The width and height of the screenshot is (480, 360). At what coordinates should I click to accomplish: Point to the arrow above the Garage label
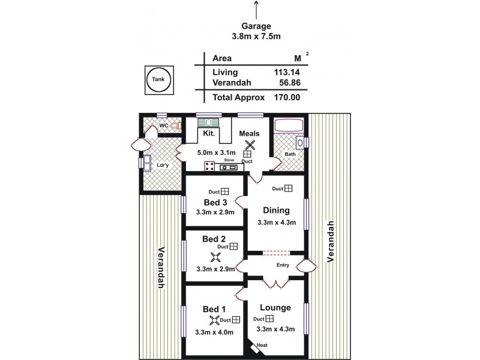pyautogui.click(x=257, y=10)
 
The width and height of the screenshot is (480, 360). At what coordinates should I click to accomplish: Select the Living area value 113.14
pyautogui.click(x=287, y=72)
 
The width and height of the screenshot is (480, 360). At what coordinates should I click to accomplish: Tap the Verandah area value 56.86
pyautogui.click(x=287, y=83)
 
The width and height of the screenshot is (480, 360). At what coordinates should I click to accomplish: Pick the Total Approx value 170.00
pyautogui.click(x=287, y=97)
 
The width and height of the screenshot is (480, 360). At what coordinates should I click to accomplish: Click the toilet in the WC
pyautogui.click(x=176, y=126)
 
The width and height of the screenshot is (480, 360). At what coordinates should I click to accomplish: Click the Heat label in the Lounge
pyautogui.click(x=262, y=345)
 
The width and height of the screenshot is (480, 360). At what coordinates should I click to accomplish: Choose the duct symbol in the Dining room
pyautogui.click(x=288, y=189)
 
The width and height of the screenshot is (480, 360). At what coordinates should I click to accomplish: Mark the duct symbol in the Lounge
pyautogui.click(x=269, y=319)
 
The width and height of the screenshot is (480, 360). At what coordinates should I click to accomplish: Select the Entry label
pyautogui.click(x=283, y=265)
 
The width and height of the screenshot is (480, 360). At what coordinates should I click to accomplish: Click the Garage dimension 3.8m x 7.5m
pyautogui.click(x=257, y=37)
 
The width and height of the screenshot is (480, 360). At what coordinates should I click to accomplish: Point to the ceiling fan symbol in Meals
pyautogui.click(x=248, y=144)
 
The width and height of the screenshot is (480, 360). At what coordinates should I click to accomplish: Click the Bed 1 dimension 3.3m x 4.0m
pyautogui.click(x=214, y=332)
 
